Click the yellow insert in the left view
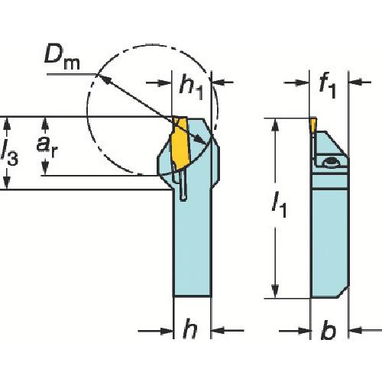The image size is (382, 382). (180, 142)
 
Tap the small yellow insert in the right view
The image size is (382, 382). (313, 124)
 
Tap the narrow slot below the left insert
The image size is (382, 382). (183, 186)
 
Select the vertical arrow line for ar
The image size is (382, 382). (47, 145)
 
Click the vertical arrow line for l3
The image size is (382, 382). (7, 153)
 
